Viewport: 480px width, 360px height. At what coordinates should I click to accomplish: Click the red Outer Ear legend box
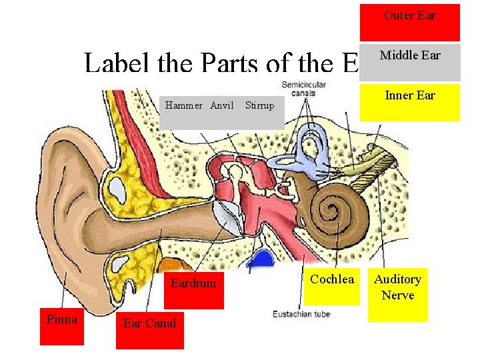(409, 23)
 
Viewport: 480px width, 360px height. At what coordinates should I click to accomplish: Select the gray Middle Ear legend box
(409, 63)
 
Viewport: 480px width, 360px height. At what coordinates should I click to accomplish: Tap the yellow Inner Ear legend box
(409, 101)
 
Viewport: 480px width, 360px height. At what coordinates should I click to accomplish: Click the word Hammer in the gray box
(184, 105)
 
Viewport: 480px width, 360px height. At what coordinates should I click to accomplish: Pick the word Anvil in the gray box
(222, 105)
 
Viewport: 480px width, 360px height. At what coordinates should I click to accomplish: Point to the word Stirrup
(259, 105)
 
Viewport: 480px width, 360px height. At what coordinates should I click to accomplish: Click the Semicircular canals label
(303, 89)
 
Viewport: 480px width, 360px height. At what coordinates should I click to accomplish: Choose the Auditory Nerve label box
(397, 294)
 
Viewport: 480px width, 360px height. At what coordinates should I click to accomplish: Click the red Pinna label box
(62, 326)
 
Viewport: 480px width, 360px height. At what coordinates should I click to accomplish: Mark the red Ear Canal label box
(149, 329)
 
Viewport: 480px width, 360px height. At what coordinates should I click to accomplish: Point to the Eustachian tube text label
(301, 313)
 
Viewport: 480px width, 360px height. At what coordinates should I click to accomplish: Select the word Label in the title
(117, 63)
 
